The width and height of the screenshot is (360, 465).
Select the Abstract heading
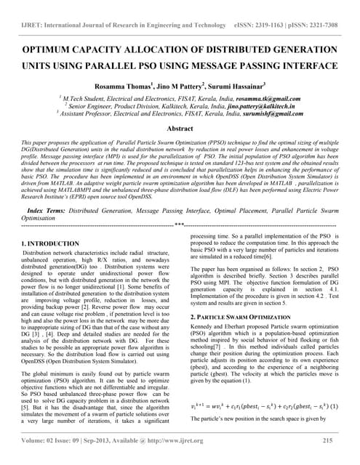coord(180,127)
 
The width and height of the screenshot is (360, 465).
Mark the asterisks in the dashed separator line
coord(179,225)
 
